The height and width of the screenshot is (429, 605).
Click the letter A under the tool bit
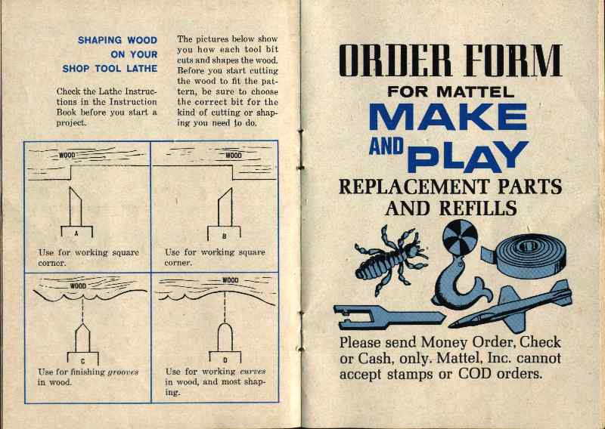pyautogui.click(x=76, y=233)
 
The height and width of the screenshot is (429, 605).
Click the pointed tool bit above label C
pyautogui.click(x=82, y=338)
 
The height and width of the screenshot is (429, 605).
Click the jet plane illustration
pyautogui.click(x=514, y=307)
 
